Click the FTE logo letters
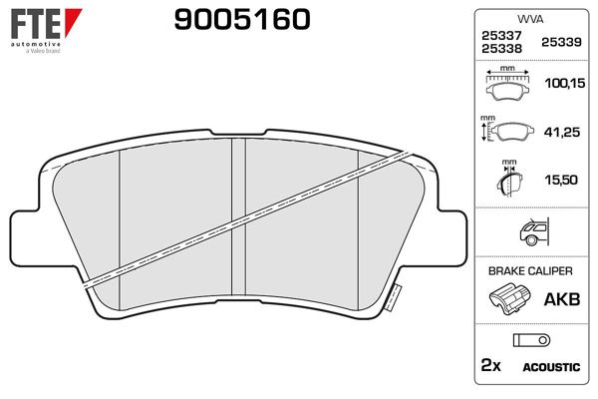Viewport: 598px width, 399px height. click(x=36, y=24)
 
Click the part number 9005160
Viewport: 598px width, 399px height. click(x=242, y=20)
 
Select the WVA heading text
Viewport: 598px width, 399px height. click(x=530, y=19)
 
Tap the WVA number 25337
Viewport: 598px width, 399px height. click(x=501, y=36)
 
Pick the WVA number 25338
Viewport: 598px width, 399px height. click(x=501, y=49)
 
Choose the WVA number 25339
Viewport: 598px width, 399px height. click(x=561, y=42)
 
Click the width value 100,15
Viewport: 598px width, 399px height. click(x=564, y=83)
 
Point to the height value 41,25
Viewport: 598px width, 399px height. click(x=562, y=132)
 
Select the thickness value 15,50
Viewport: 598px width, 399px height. click(x=561, y=180)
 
